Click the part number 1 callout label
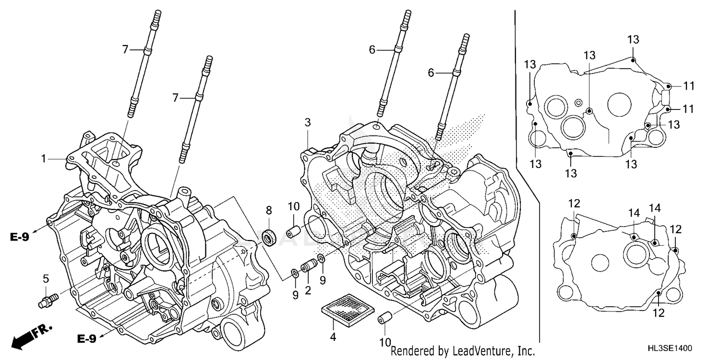(44, 158)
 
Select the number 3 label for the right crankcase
(307, 123)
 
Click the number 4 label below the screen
(333, 337)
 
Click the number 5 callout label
(46, 279)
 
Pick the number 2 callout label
(307, 290)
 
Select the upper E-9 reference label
(19, 237)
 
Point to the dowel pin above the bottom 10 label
(384, 318)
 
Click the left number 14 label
(635, 213)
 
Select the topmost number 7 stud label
(125, 49)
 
